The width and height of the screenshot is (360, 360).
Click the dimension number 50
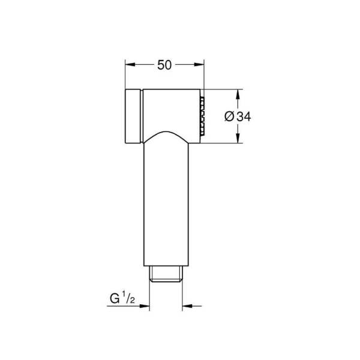(164, 65)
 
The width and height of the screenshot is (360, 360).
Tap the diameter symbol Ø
(229, 117)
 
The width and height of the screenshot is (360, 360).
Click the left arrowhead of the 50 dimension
(130, 65)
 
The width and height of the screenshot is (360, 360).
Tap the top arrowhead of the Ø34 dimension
(238, 95)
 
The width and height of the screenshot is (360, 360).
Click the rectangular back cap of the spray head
(133, 116)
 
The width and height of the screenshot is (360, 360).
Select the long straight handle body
(165, 204)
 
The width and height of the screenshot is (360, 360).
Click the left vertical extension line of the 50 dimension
(125, 75)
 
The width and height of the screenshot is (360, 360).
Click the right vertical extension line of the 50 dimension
(205, 75)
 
